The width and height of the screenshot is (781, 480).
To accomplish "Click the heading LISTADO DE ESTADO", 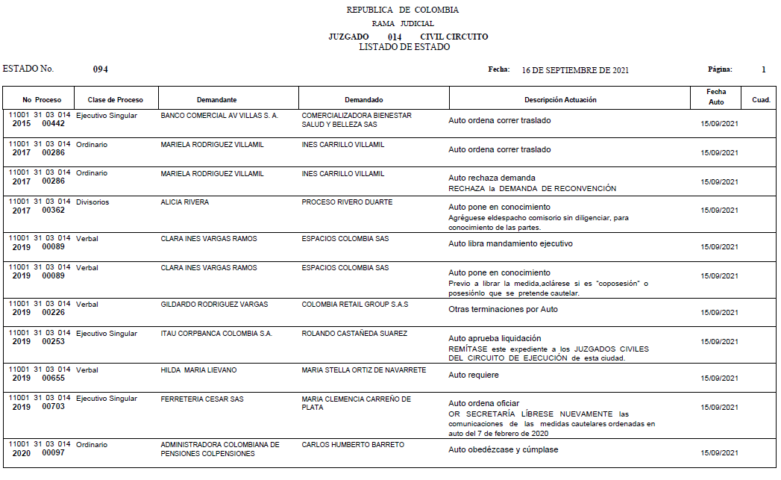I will pos(404,47).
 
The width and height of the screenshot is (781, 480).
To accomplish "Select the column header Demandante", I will pos(216,100).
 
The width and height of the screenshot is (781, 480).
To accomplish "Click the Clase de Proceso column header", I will pos(116,100).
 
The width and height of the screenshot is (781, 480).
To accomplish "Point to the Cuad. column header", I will pos(761,100).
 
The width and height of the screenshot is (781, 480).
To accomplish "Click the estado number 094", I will pos(101,69).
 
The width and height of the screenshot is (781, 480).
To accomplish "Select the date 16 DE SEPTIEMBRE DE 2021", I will pos(575,70).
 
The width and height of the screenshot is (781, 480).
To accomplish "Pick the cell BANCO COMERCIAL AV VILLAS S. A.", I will pos(219,116).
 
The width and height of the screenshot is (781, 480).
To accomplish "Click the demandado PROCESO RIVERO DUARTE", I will pos(347,202).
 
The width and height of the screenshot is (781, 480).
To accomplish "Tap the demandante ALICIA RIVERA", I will pos(185,202).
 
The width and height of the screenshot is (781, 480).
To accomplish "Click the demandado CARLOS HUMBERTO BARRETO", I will pos(353,445).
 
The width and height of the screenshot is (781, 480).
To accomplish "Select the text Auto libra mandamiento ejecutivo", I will pos(510,244).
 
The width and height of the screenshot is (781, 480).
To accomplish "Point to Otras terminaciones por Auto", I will pos(503,310).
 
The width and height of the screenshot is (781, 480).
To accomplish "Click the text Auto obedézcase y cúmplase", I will pos(503,450).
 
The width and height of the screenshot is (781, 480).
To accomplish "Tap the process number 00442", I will pos(54,124).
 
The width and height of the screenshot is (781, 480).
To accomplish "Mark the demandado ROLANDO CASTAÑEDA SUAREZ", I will pos(354,334).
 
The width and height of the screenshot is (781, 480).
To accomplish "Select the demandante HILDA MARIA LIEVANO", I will pos(198,370).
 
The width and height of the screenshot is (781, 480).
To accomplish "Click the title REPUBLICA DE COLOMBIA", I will pos(403,10).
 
